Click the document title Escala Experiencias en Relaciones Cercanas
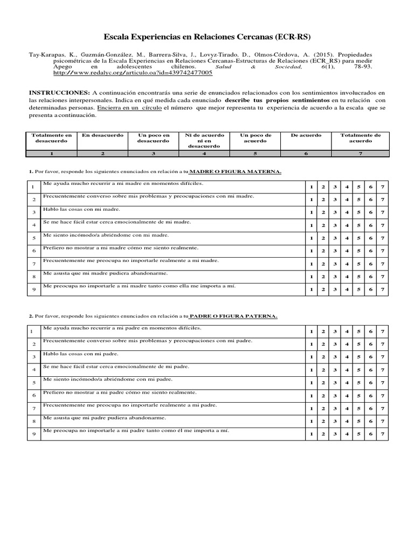tap(207, 37)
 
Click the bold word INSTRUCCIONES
tap(59, 93)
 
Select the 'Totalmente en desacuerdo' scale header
tap(51, 137)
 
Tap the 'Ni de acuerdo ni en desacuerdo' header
tap(204, 140)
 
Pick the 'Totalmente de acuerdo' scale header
tap(360, 137)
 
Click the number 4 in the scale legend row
tap(204, 154)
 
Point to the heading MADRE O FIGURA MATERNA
tap(236, 172)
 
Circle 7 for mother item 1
tap(382, 187)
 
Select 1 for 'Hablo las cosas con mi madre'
tap(311, 212)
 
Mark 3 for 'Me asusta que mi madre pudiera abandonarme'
tap(335, 277)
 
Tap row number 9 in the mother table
tap(33, 290)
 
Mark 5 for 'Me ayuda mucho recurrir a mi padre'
tap(358, 330)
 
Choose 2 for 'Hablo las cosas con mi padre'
tap(323, 357)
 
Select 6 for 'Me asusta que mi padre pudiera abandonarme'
tap(370, 421)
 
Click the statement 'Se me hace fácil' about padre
tap(116, 367)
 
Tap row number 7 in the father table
tap(33, 408)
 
